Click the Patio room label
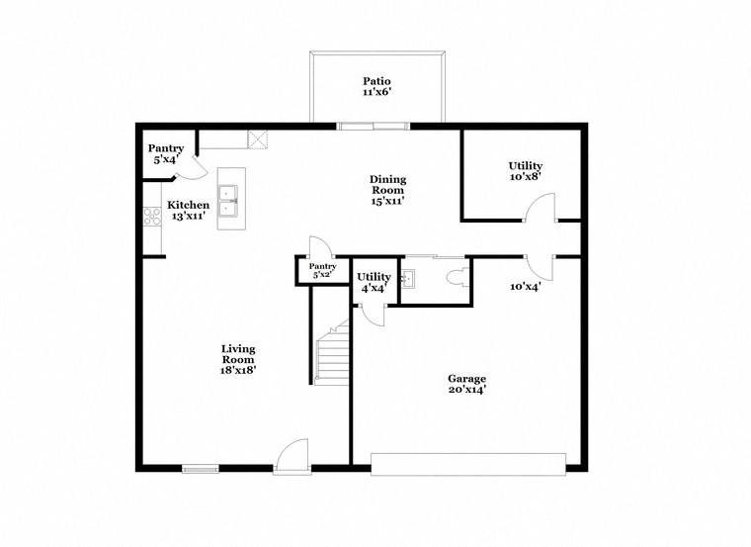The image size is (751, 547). (375, 87)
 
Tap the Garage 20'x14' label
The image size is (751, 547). (466, 384)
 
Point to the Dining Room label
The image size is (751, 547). (388, 190)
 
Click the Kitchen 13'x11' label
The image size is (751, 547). (188, 211)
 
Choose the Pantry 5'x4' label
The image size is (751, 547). (165, 153)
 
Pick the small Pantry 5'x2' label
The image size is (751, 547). (323, 270)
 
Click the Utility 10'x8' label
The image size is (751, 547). (525, 171)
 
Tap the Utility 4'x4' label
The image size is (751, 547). (374, 282)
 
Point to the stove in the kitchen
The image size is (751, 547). (152, 217)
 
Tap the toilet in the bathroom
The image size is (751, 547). (457, 278)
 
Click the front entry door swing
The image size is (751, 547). (293, 454)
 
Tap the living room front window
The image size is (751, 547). (201, 468)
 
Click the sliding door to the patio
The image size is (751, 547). (374, 126)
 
